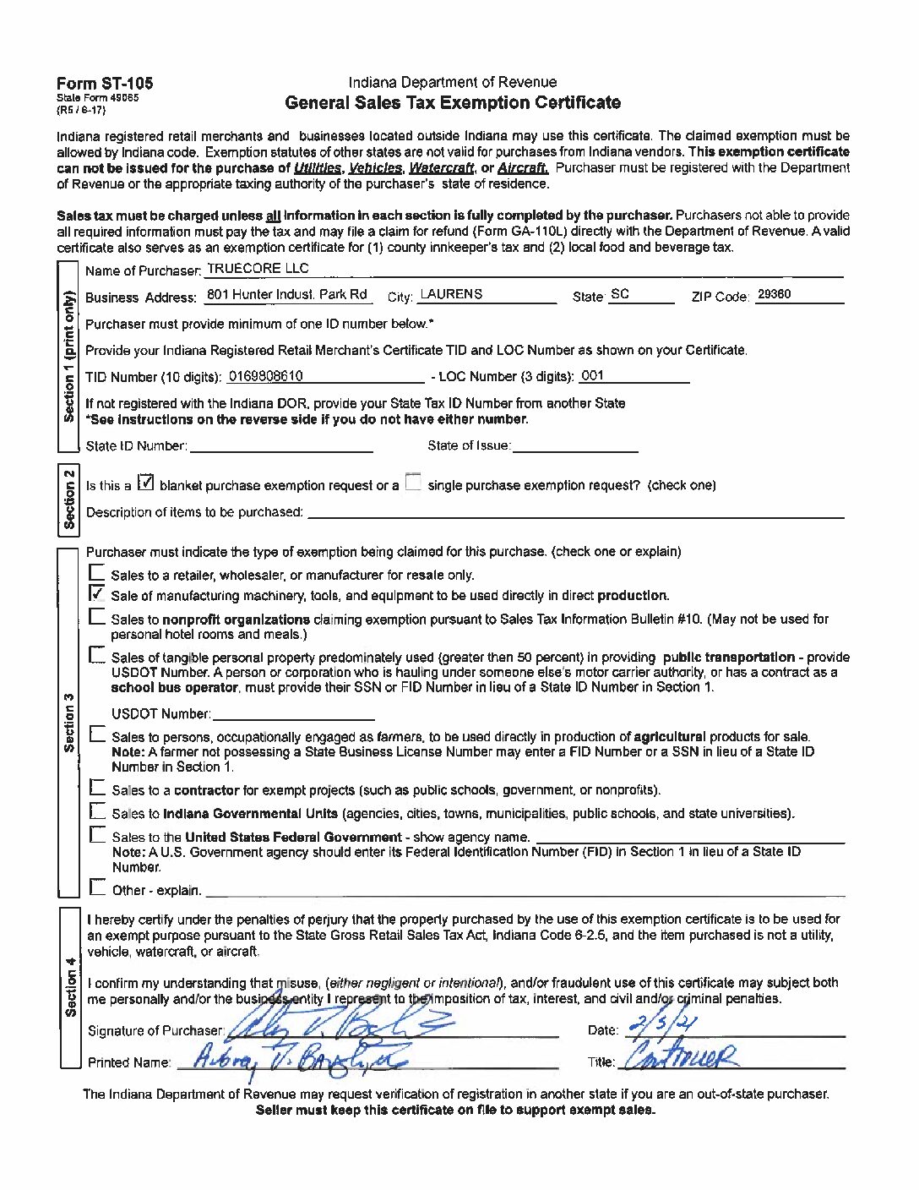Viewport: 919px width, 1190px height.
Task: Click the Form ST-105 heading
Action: (x=105, y=83)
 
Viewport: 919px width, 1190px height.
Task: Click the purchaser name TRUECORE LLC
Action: (x=258, y=269)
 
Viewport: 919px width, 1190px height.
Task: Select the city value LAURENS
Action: (x=451, y=294)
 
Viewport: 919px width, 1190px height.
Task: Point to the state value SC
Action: (x=620, y=294)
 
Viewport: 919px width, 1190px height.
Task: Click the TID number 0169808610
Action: (x=266, y=376)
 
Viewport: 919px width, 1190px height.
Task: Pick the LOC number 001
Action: (x=593, y=376)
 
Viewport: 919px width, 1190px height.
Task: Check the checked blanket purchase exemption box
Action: (x=145, y=483)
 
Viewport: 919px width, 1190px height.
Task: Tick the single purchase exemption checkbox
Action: (x=412, y=483)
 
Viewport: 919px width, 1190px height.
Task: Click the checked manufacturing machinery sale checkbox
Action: (x=97, y=593)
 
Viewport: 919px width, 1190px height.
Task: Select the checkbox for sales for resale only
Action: (x=97, y=573)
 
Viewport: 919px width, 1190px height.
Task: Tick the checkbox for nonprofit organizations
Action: (x=97, y=617)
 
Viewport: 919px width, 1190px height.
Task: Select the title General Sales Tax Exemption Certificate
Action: (x=453, y=103)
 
